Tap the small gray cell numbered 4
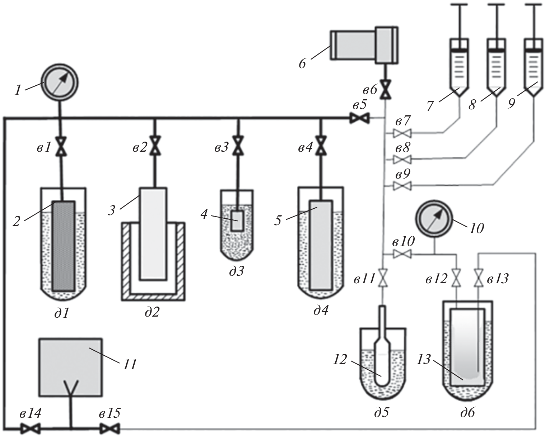click(x=237, y=221)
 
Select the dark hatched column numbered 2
click(x=64, y=246)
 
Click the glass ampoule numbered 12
click(x=383, y=359)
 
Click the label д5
click(x=382, y=413)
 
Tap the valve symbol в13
click(x=478, y=278)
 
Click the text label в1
click(x=44, y=148)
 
